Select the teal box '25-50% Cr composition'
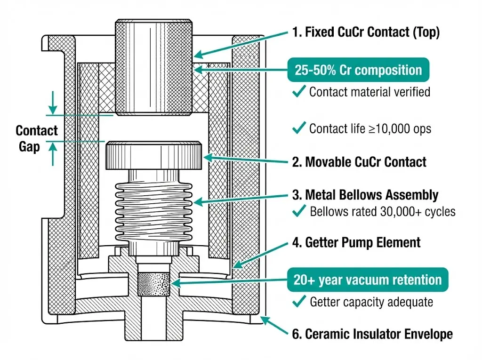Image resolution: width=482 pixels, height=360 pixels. [358, 70]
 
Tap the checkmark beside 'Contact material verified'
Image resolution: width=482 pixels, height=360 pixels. [299, 92]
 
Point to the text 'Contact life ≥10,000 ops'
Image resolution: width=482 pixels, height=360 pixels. [370, 128]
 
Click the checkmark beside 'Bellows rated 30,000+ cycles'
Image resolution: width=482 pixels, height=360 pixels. [299, 212]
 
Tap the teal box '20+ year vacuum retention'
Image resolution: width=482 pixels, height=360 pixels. [367, 280]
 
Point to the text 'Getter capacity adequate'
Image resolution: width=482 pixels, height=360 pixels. [371, 302]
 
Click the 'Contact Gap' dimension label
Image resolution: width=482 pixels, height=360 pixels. [37, 138]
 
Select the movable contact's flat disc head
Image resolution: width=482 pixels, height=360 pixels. [154, 155]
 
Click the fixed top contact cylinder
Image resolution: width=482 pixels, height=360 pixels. [154, 68]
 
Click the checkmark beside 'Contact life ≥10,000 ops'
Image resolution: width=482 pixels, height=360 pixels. [299, 128]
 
